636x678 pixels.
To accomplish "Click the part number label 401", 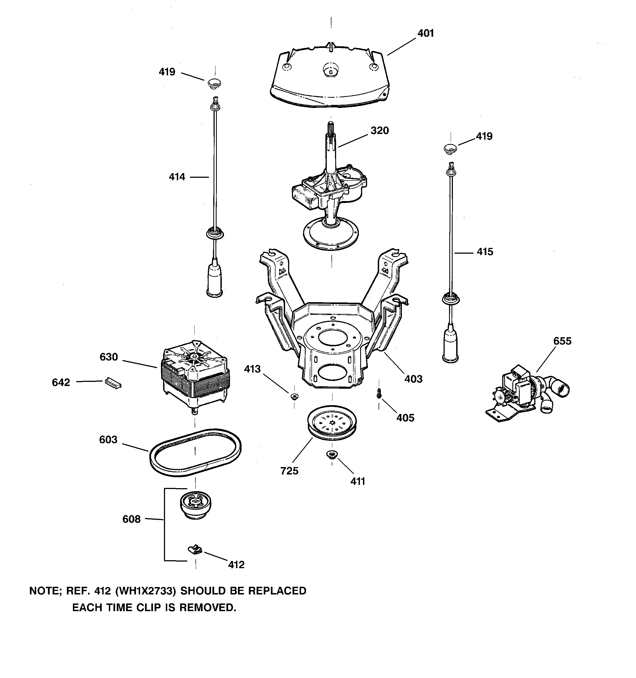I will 426,33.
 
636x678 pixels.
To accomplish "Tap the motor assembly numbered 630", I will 195,375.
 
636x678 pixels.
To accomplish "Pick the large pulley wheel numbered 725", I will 331,423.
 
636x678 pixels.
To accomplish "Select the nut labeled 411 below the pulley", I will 331,454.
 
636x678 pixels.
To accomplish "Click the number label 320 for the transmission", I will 380,131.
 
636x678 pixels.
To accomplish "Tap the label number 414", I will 177,177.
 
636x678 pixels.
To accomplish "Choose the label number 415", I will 485,252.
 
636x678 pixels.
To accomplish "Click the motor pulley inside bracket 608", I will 195,504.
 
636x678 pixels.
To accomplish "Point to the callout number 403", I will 413,379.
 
